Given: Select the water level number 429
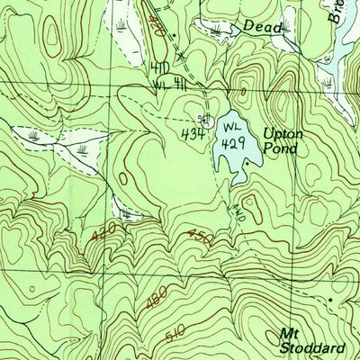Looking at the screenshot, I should point(233,142).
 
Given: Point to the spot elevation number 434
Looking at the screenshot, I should point(190,134).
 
